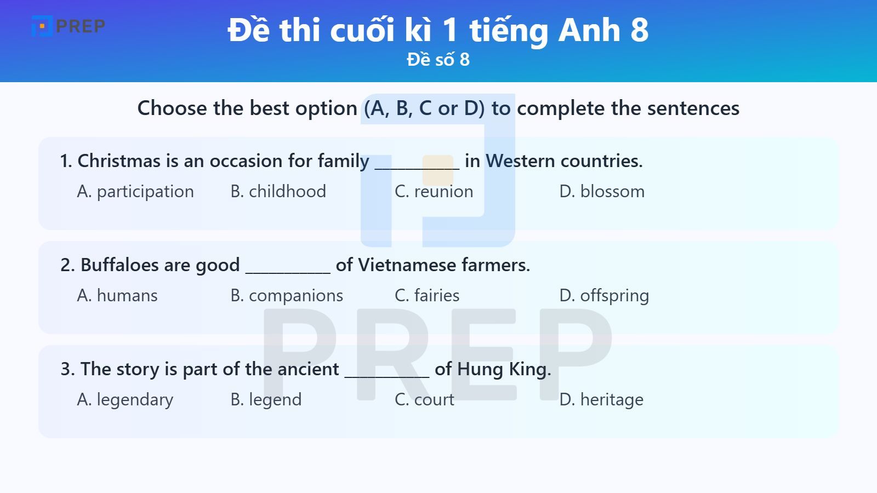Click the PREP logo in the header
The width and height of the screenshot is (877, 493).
coord(68,26)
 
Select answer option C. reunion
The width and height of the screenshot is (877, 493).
coord(434,192)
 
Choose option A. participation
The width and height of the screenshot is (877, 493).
coord(135,192)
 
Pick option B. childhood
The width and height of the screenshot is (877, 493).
coord(278,192)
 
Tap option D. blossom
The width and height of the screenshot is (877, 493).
coord(602,192)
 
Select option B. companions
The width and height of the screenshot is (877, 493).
coord(287,296)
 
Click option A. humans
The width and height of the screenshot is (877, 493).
coord(117,296)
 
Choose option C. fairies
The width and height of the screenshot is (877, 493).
coord(427,296)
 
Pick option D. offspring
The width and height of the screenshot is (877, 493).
coord(604,296)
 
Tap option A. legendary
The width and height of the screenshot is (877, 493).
coord(125,400)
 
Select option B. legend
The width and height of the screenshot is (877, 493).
coord(266,400)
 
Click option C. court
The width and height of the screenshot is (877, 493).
coord(424,400)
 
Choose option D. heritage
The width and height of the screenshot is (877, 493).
coord(601,400)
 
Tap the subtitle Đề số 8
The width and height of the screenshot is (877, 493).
coord(438,60)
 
